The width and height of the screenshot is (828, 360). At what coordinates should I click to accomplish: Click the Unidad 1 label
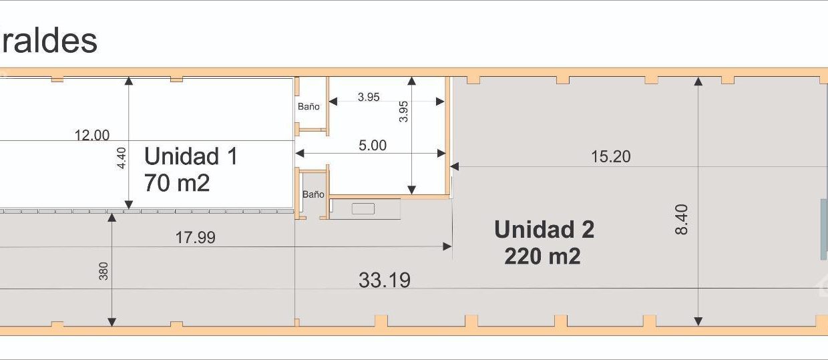coord(191,156)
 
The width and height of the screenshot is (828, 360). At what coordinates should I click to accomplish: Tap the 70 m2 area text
coord(177,183)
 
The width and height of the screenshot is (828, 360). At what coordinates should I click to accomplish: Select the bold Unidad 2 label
coord(544,230)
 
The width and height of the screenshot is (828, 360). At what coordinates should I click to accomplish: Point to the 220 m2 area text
coord(542,256)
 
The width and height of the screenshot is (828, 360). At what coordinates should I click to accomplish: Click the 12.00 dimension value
coord(92,136)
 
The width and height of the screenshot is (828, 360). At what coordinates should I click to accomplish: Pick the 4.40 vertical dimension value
coord(122,158)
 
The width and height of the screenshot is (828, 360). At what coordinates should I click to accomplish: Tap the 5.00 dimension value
coord(373,145)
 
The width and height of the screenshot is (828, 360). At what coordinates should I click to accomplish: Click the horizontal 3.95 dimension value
coord(369,97)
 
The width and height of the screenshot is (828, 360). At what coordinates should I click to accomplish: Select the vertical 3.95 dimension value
coord(403,112)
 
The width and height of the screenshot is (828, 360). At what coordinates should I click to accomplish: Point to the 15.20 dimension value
coord(610,157)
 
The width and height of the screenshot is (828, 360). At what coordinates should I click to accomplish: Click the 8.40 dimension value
coord(681,220)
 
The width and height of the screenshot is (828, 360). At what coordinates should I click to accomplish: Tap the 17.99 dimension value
coord(195,238)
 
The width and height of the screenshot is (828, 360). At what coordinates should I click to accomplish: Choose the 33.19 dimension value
coord(385,280)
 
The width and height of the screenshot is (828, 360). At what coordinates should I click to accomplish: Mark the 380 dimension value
coord(103,271)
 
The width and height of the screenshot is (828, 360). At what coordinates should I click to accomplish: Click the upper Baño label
coord(308,106)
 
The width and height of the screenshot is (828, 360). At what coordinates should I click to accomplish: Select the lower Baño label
coord(313,194)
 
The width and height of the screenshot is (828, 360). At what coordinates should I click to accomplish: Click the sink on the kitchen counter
coord(363,209)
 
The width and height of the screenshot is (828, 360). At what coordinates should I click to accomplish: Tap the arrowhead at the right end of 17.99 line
coord(447,246)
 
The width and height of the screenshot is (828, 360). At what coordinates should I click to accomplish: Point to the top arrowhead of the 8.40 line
coord(698,81)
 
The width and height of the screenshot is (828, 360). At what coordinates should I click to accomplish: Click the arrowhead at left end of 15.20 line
coord(455,167)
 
